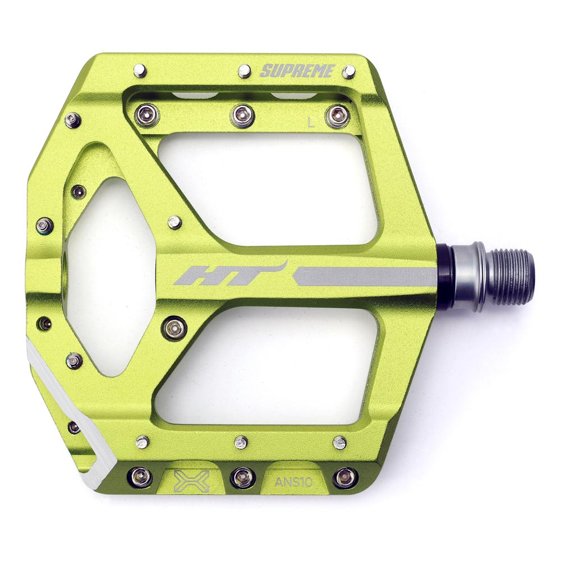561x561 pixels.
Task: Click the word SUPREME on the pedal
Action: (x=298, y=71)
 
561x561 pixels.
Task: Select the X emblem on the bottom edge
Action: (x=191, y=481)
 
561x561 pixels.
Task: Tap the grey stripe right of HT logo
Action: (x=365, y=276)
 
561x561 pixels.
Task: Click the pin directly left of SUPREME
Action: (x=244, y=71)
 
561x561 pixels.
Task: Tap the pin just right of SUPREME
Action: (x=349, y=71)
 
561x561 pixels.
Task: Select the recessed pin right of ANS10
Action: (x=344, y=477)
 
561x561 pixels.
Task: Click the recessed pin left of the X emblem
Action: (x=140, y=476)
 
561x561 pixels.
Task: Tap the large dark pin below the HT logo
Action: (x=173, y=327)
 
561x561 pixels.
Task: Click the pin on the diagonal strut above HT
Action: (x=175, y=222)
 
